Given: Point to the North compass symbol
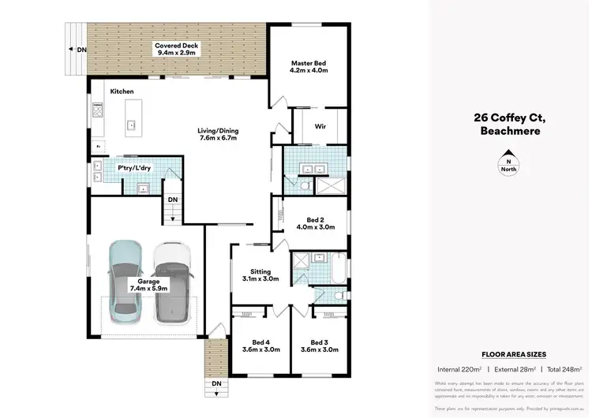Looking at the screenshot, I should click(508, 161).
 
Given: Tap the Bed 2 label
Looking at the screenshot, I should click(315, 218).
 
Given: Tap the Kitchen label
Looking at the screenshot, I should click(122, 92).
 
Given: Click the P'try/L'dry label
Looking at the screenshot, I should click(133, 169).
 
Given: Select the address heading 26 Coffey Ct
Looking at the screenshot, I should click(509, 118).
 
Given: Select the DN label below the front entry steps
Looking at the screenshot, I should click(215, 384).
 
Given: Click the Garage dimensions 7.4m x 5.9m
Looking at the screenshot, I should click(148, 289).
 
